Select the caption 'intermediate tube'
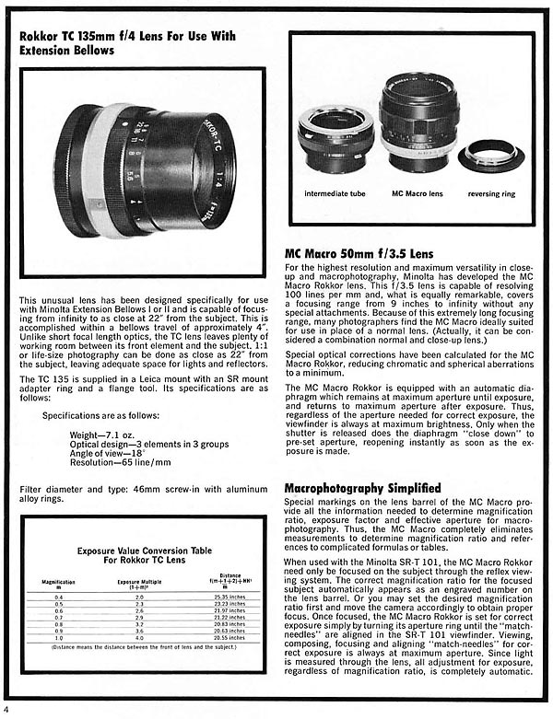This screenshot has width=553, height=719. pyautogui.click(x=335, y=194)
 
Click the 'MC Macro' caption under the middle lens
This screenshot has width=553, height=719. pyautogui.click(x=411, y=194)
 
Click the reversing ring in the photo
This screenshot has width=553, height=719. pyautogui.click(x=490, y=154)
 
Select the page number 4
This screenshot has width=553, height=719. pyautogui.click(x=6, y=710)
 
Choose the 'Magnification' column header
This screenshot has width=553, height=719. pyautogui.click(x=60, y=583)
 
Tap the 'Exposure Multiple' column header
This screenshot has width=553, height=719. pyautogui.click(x=140, y=583)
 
